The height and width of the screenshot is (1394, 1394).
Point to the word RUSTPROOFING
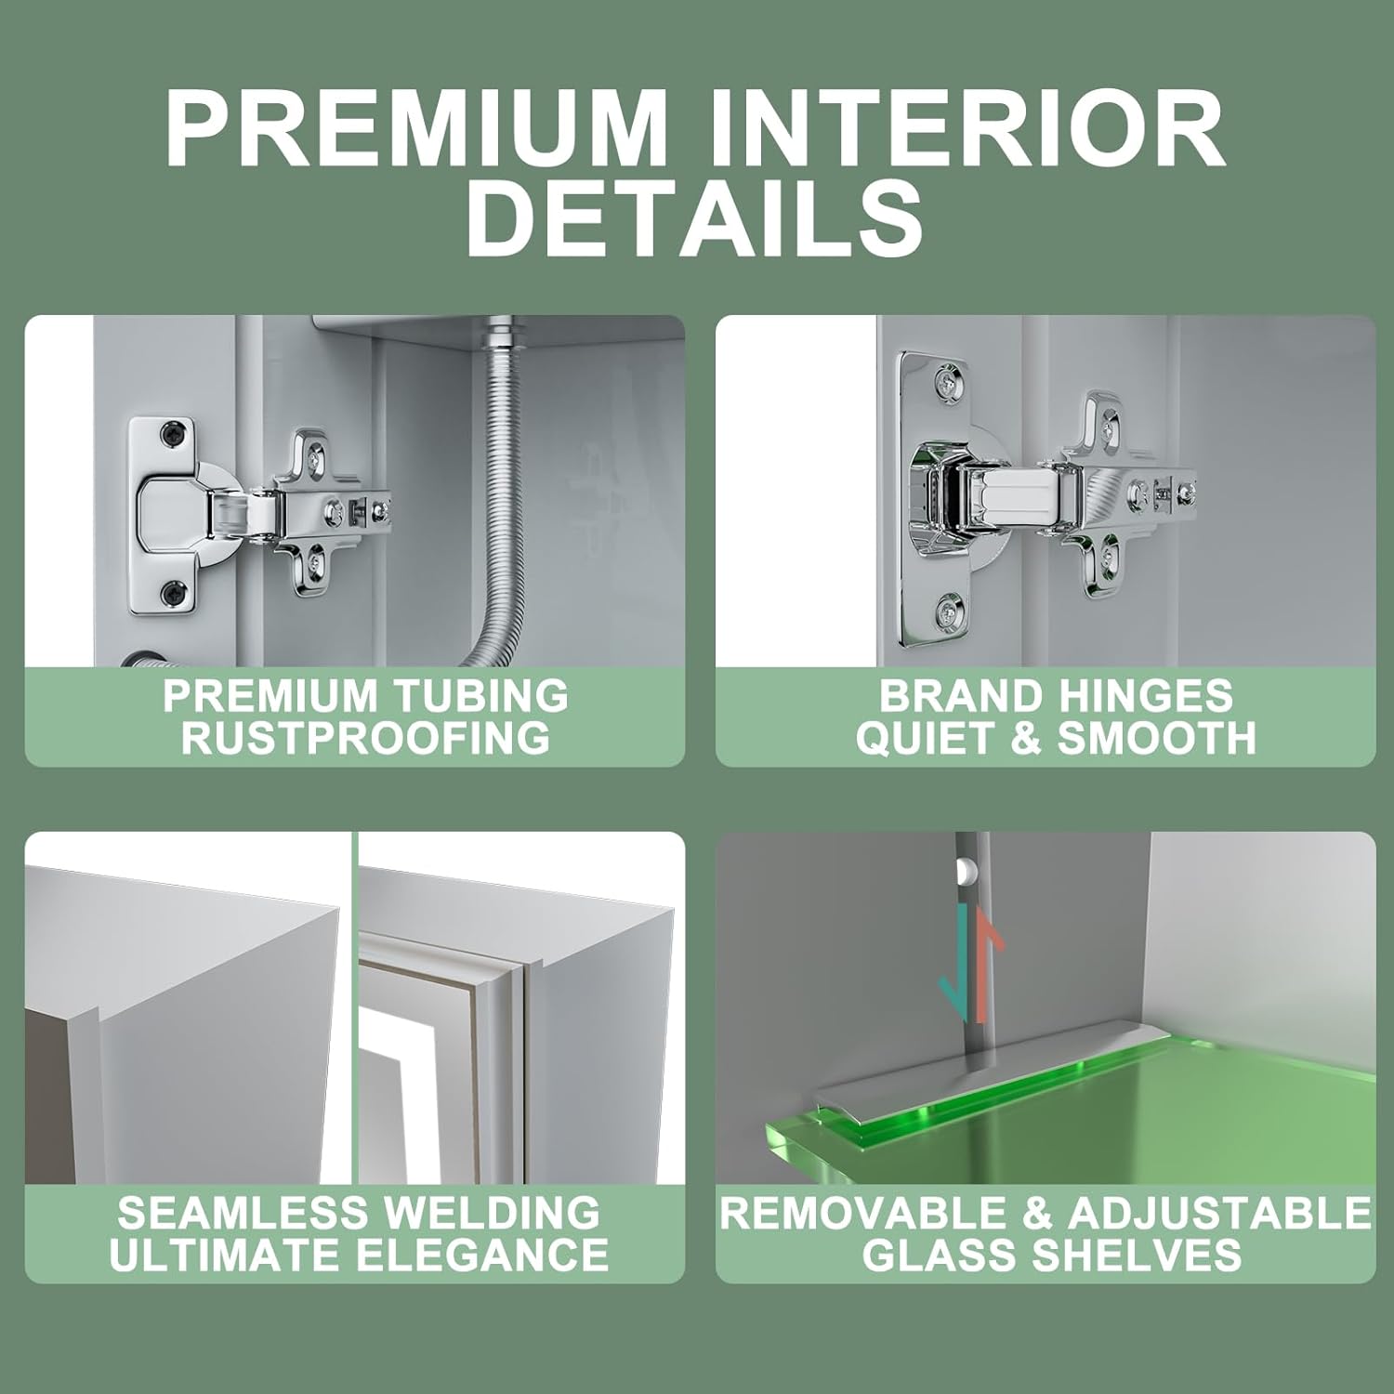(x=365, y=738)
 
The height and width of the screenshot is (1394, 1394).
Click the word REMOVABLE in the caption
(x=875, y=1212)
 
